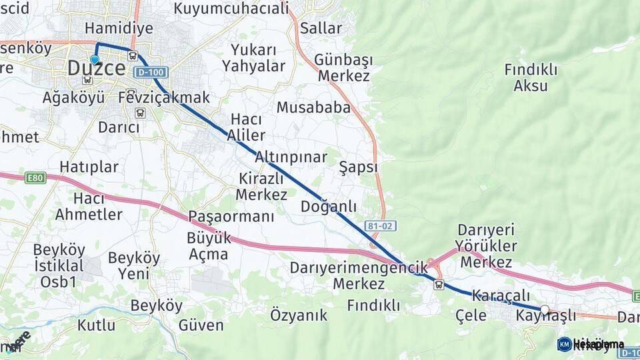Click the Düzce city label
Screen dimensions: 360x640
tap(97, 68)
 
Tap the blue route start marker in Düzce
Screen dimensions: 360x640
tap(95, 59)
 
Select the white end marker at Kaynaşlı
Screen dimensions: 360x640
tap(545, 309)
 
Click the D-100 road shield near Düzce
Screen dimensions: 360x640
tap(150, 72)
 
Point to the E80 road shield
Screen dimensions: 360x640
tap(35, 178)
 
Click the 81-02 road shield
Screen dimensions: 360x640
tap(381, 226)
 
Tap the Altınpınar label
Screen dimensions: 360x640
tap(291, 157)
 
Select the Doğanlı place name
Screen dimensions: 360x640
tap(329, 207)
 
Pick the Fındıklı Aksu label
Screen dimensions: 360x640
tap(526, 77)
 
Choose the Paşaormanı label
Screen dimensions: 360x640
tap(231, 217)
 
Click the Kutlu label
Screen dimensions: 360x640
tap(96, 325)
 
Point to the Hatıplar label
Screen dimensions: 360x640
tap(89, 167)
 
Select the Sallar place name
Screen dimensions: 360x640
tap(321, 28)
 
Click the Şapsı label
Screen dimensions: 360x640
tap(358, 167)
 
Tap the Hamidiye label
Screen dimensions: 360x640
tap(119, 28)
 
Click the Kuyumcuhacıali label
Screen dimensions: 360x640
tap(231, 9)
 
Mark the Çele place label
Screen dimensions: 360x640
tap(471, 315)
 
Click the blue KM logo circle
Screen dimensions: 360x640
tap(564, 344)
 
